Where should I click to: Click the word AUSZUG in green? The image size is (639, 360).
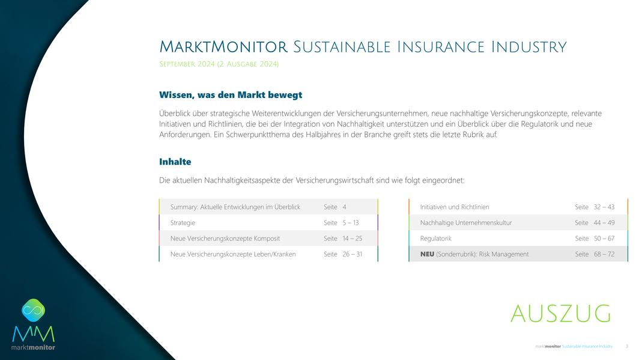pyautogui.click(x=561, y=314)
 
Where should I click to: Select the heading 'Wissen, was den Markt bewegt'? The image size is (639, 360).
pyautogui.click(x=231, y=95)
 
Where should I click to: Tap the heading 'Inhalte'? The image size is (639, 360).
pyautogui.click(x=175, y=162)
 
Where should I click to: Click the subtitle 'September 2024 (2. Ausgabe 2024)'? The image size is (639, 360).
pyautogui.click(x=219, y=64)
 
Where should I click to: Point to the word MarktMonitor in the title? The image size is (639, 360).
pyautogui.click(x=223, y=47)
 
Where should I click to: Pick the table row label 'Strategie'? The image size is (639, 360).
pyautogui.click(x=183, y=223)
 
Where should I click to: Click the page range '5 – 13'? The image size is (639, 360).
pyautogui.click(x=351, y=222)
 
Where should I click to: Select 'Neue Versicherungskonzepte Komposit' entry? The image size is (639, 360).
pyautogui.click(x=225, y=239)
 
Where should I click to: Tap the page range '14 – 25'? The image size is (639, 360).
pyautogui.click(x=352, y=239)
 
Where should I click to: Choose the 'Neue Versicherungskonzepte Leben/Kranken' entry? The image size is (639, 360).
pyautogui.click(x=233, y=254)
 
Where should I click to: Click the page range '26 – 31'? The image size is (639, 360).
pyautogui.click(x=352, y=254)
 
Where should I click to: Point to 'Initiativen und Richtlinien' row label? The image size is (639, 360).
pyautogui.click(x=455, y=207)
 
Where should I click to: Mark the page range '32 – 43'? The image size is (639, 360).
pyautogui.click(x=604, y=207)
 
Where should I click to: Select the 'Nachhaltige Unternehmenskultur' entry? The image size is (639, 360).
pyautogui.click(x=466, y=222)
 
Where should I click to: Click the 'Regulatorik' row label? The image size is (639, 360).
pyautogui.click(x=435, y=239)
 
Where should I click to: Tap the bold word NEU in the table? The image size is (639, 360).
pyautogui.click(x=427, y=254)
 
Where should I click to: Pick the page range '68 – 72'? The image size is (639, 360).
pyautogui.click(x=604, y=254)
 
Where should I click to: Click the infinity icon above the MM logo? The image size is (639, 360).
pyautogui.click(x=34, y=310)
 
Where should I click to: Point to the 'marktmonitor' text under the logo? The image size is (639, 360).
pyautogui.click(x=33, y=347)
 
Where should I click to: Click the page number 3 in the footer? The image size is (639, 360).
pyautogui.click(x=627, y=347)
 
